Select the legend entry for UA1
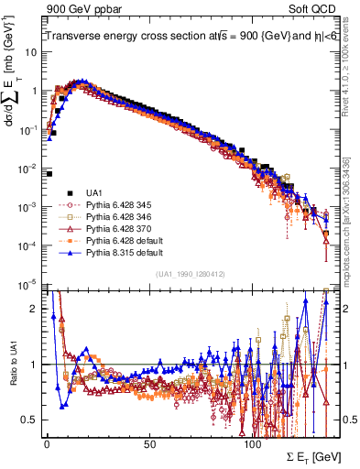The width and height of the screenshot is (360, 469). [93, 192]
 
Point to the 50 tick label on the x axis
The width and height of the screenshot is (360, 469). [149, 442]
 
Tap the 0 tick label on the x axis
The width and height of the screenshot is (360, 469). [46, 442]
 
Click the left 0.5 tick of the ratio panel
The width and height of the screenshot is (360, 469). [30, 420]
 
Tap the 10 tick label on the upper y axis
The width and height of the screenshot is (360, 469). [30, 52]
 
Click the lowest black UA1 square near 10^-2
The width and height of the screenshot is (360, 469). [49, 173]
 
